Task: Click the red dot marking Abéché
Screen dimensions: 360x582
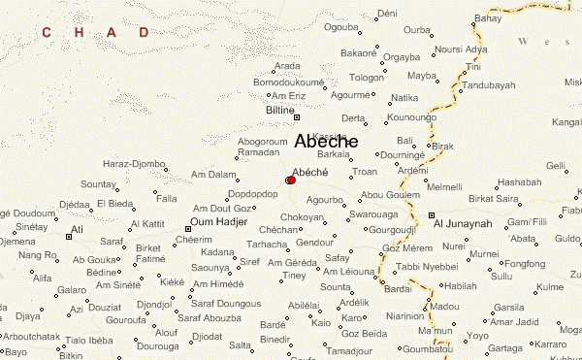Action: click(291, 180)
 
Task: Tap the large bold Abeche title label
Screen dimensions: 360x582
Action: click(325, 142)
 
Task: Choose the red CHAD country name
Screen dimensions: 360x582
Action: click(94, 33)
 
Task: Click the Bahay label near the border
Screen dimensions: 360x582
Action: click(488, 18)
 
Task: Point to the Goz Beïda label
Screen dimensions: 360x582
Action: click(367, 333)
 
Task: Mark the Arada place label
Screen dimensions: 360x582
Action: click(287, 66)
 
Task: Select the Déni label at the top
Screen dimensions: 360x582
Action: click(387, 13)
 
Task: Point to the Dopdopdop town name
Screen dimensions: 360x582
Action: click(252, 194)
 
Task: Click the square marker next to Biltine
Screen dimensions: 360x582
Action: click(297, 117)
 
